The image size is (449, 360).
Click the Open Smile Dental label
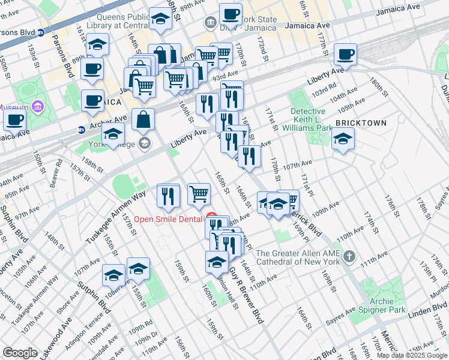click(x=167, y=219)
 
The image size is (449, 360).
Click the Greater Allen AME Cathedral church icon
click(x=349, y=257)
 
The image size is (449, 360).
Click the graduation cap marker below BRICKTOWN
click(x=343, y=139)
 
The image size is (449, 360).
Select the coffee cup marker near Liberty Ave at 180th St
click(x=345, y=54)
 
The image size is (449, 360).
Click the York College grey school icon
click(x=144, y=143)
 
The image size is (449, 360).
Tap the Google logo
click(x=20, y=353)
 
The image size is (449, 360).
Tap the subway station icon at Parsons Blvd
click(x=40, y=32)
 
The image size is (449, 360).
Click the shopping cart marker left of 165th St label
click(x=199, y=193)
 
